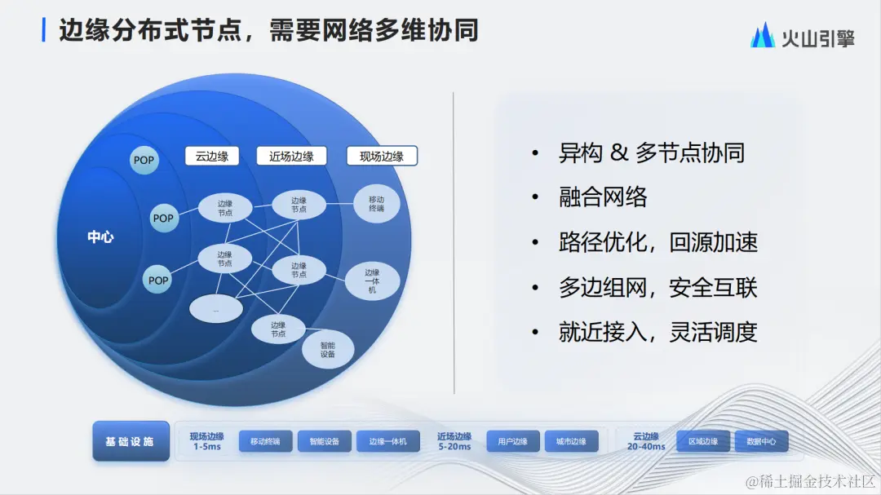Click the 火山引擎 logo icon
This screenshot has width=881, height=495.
[763, 35]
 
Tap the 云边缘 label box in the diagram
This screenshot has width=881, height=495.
[212, 157]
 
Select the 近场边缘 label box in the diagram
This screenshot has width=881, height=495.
[291, 157]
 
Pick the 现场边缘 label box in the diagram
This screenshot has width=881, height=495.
[382, 157]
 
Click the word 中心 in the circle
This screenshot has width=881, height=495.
[100, 237]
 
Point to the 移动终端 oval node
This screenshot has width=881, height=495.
[376, 203]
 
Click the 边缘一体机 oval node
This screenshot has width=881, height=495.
[372, 281]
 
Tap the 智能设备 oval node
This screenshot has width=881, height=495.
[328, 350]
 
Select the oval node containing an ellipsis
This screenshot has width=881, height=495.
[216, 308]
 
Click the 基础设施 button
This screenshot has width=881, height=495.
[131, 442]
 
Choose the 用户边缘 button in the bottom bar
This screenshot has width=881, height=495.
[513, 442]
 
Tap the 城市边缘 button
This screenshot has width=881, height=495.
[571, 442]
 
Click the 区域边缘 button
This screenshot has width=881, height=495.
[703, 442]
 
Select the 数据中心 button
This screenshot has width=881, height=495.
[761, 442]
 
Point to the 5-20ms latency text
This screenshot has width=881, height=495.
[454, 447]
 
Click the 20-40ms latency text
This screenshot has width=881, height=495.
[646, 447]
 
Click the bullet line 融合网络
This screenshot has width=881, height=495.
[603, 197]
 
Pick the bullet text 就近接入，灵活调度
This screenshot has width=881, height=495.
[658, 332]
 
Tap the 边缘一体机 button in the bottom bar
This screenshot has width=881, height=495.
[388, 442]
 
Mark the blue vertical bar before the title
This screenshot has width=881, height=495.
[44, 30]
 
